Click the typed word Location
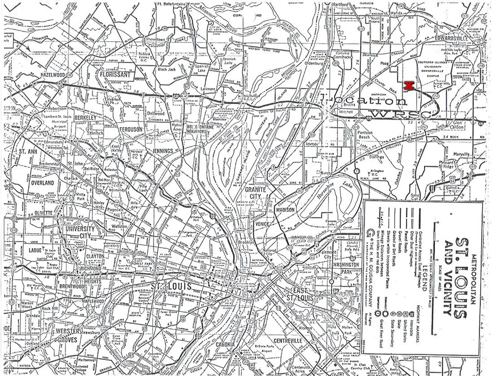pos(364,101)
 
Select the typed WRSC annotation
pos(394,115)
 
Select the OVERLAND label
pos(41,183)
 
